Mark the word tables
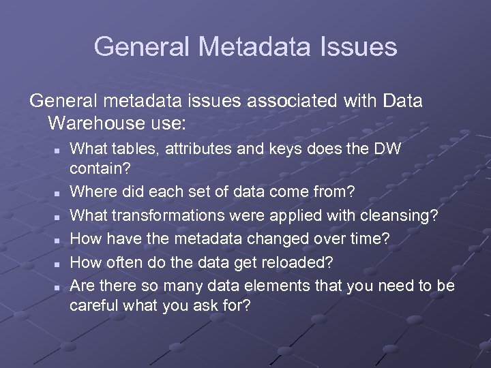click(x=126, y=148)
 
